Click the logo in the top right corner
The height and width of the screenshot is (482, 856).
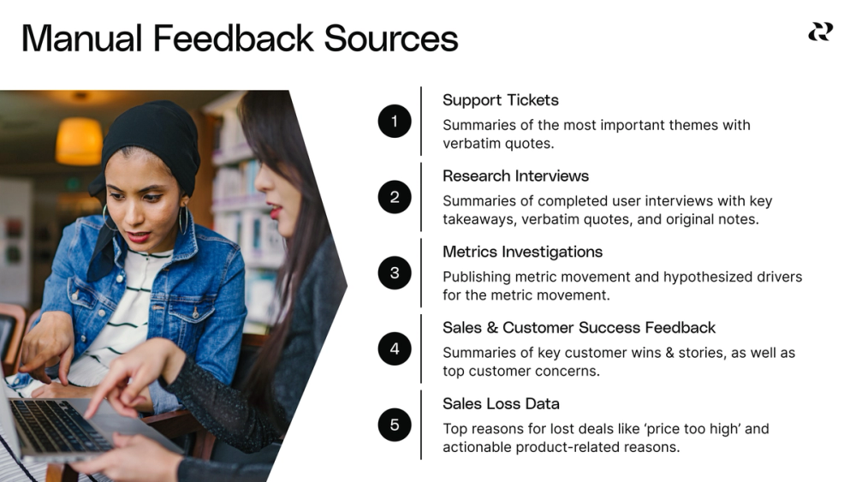point(820,32)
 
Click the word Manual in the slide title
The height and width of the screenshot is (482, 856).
point(80,39)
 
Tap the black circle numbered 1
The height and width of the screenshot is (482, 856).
point(395,121)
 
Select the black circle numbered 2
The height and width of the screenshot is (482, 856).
point(395,197)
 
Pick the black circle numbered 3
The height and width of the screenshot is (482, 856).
point(395,273)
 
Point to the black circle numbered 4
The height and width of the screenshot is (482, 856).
point(395,348)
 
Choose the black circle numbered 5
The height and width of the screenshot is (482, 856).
point(395,425)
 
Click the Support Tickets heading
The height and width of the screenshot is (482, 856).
point(500,100)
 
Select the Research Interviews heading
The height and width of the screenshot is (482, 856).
point(515,176)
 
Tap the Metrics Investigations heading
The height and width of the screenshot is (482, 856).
point(522,252)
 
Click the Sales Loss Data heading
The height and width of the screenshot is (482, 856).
point(501,403)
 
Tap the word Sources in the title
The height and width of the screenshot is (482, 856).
point(391,39)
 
